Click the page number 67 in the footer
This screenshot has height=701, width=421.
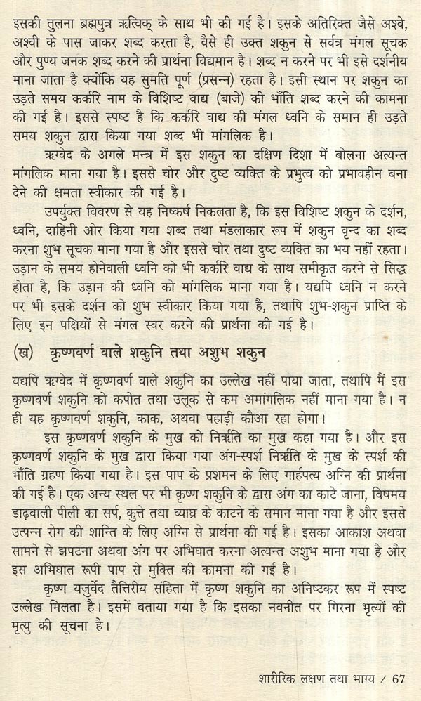click(x=399, y=679)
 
